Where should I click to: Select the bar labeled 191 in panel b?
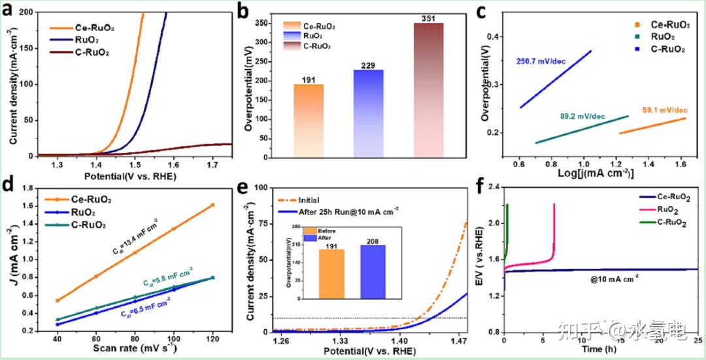click(309, 121)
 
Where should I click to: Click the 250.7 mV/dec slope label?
click(541, 62)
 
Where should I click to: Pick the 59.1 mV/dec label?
click(664, 110)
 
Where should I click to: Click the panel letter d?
click(10, 184)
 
